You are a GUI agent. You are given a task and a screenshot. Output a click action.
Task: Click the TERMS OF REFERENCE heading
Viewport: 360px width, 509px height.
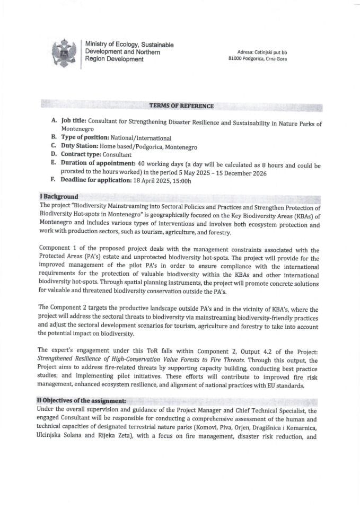(181, 106)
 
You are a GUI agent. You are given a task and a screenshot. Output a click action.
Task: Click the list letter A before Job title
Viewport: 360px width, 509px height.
(54, 121)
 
